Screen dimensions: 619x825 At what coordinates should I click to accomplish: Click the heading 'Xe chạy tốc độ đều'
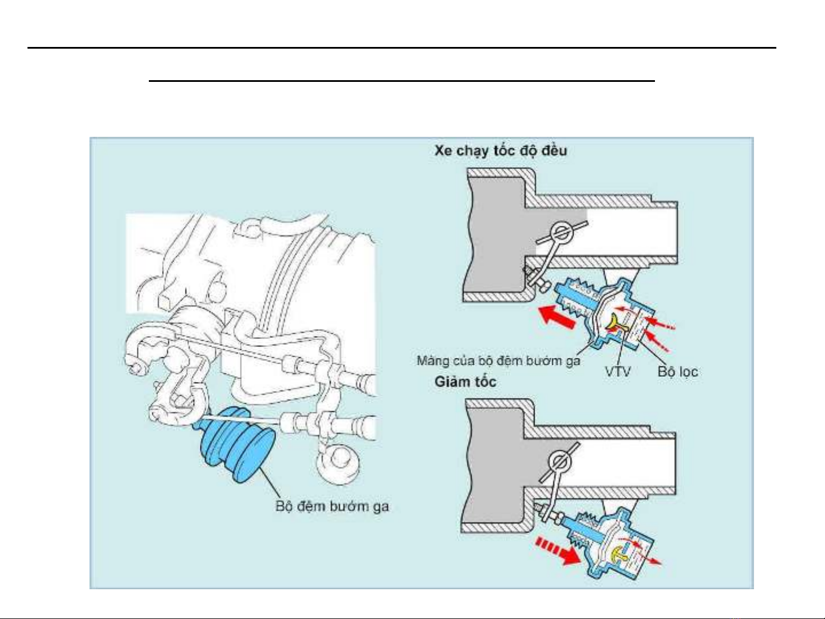500,151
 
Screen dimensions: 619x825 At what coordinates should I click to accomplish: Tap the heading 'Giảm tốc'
465,381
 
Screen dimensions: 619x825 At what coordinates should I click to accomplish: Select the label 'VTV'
618,372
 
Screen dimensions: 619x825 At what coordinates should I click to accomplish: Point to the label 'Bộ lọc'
678,372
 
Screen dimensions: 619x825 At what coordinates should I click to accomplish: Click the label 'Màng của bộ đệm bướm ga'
498,361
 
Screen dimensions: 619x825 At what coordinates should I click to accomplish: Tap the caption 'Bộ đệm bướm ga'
332,506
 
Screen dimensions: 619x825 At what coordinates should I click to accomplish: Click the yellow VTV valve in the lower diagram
618,554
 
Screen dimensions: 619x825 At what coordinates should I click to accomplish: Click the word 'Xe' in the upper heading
443,151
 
